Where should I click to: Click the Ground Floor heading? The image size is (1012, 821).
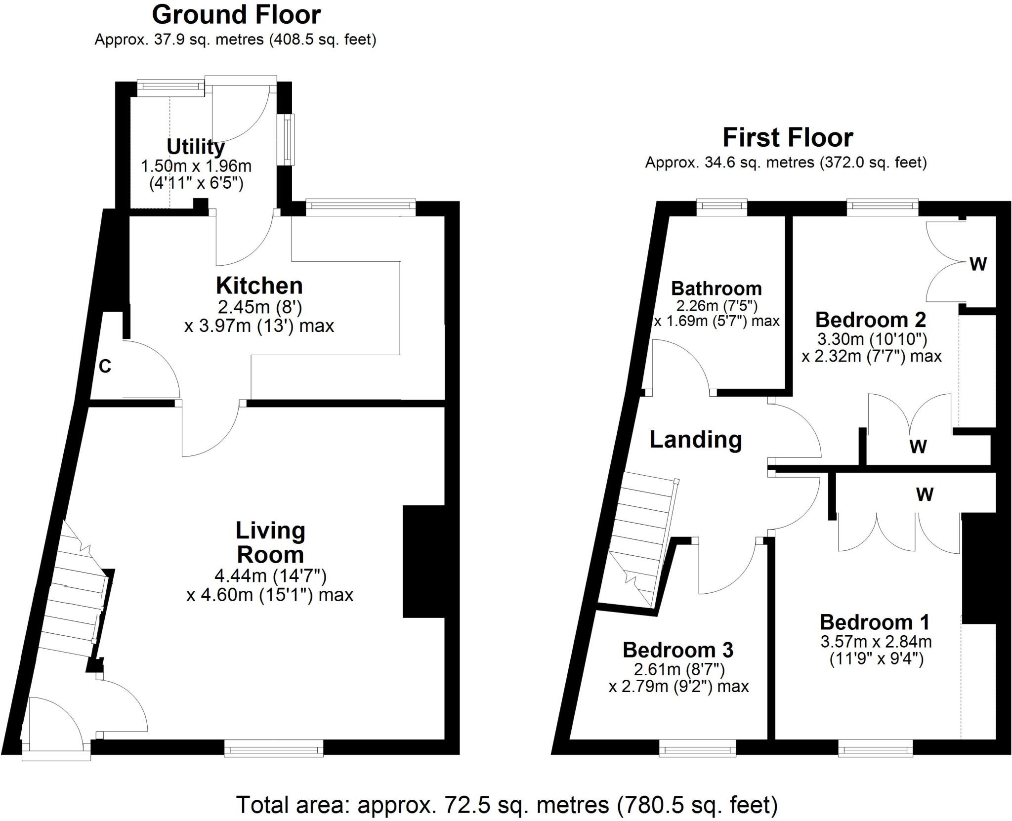pos(236,15)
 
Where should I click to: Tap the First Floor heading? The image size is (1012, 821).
pos(788,137)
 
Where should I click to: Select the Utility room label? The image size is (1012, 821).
pos(196,147)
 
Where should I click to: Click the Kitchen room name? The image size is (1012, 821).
pos(259,286)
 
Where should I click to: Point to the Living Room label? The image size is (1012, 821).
pos(270,542)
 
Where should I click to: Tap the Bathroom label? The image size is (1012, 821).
pos(717,288)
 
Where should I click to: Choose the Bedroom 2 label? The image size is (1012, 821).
pos(871,320)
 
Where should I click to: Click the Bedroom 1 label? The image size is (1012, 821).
pos(875,622)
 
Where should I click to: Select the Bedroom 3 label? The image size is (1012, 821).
pos(678,650)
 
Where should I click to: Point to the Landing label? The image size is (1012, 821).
pos(696,439)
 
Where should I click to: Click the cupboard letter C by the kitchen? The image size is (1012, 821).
pos(105,366)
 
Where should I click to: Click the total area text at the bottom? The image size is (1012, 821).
pos(507,805)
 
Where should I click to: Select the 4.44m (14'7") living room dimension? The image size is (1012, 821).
pos(270,575)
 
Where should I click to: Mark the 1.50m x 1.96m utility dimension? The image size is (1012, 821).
pos(196,166)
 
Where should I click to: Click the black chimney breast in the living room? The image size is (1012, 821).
pos(424,561)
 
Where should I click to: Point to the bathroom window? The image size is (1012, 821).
pos(722,207)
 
